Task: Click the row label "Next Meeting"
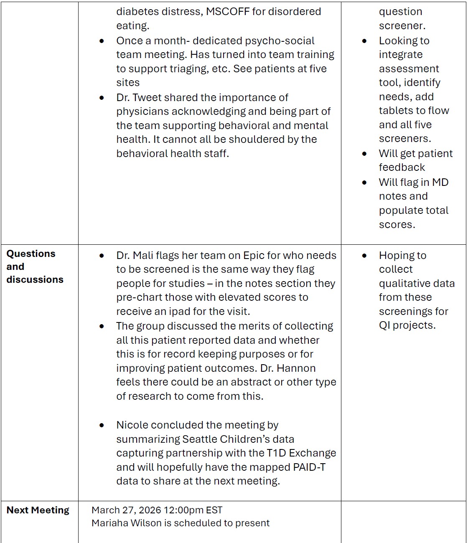click(38, 510)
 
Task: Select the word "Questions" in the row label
click(31, 254)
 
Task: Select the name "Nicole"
click(132, 425)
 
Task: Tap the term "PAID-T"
click(310, 467)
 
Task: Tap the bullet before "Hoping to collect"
click(365, 255)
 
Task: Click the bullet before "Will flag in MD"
click(365, 183)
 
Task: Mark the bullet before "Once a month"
click(102, 41)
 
